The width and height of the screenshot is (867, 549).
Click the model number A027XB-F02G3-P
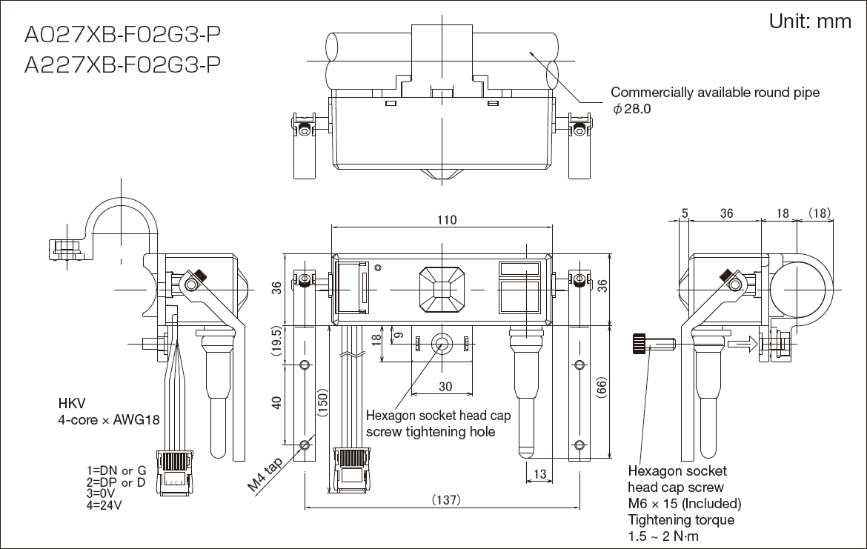point(122,35)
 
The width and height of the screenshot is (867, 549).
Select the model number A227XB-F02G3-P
point(122,65)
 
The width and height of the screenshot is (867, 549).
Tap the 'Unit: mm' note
point(810,21)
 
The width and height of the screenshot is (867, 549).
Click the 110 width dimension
point(446,220)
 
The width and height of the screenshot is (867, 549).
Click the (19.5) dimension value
point(275,343)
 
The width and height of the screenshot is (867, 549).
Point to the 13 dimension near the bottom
point(539,474)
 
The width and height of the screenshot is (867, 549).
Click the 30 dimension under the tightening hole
point(445,387)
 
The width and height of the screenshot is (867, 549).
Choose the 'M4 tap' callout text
point(265,475)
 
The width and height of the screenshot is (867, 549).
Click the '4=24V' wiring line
point(104,506)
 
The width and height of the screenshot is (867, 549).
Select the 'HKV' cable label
point(72,404)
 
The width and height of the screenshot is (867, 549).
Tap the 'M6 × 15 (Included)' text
point(684,504)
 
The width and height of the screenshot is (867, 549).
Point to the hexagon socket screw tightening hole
point(442,343)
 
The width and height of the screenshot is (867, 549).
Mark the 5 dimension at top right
point(685,213)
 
